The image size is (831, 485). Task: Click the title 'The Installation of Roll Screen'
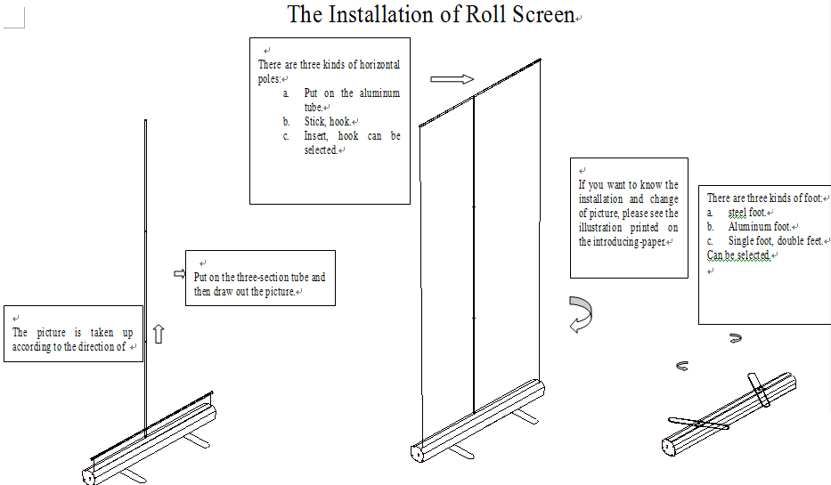pyautogui.click(x=431, y=15)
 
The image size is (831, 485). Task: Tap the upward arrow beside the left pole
pyautogui.click(x=159, y=334)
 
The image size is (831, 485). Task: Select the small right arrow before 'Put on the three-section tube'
pyautogui.click(x=178, y=274)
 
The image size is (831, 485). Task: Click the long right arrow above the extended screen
pyautogui.click(x=452, y=79)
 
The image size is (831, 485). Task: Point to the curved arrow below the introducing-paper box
pyautogui.click(x=581, y=314)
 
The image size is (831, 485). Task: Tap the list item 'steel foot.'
pyautogui.click(x=746, y=213)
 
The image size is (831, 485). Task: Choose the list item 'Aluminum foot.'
pyautogui.click(x=759, y=227)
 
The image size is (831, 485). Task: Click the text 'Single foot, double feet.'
pyautogui.click(x=775, y=241)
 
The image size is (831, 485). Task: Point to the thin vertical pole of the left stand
pyautogui.click(x=146, y=267)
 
